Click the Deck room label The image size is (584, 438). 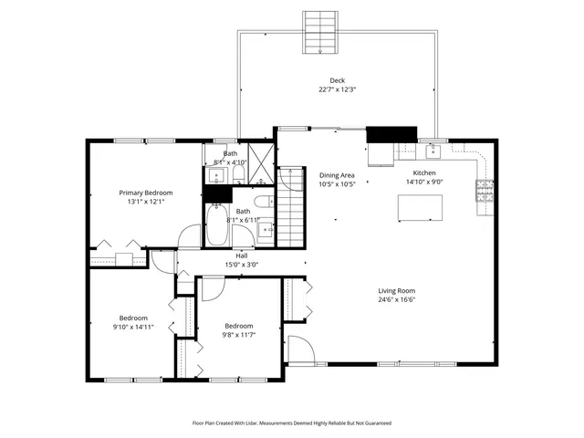[x=338, y=80]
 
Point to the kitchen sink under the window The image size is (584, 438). [x=434, y=150]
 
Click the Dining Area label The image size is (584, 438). [x=336, y=175]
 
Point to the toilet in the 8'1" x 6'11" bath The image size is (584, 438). [x=261, y=203]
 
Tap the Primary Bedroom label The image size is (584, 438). [x=147, y=193]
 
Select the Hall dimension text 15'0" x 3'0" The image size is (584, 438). [x=242, y=266]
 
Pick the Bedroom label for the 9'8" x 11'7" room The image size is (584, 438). [x=239, y=326]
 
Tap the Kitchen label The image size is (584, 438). [x=425, y=172]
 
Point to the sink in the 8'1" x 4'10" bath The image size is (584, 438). [x=217, y=175]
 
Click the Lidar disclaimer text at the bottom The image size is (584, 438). [x=291, y=423]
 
